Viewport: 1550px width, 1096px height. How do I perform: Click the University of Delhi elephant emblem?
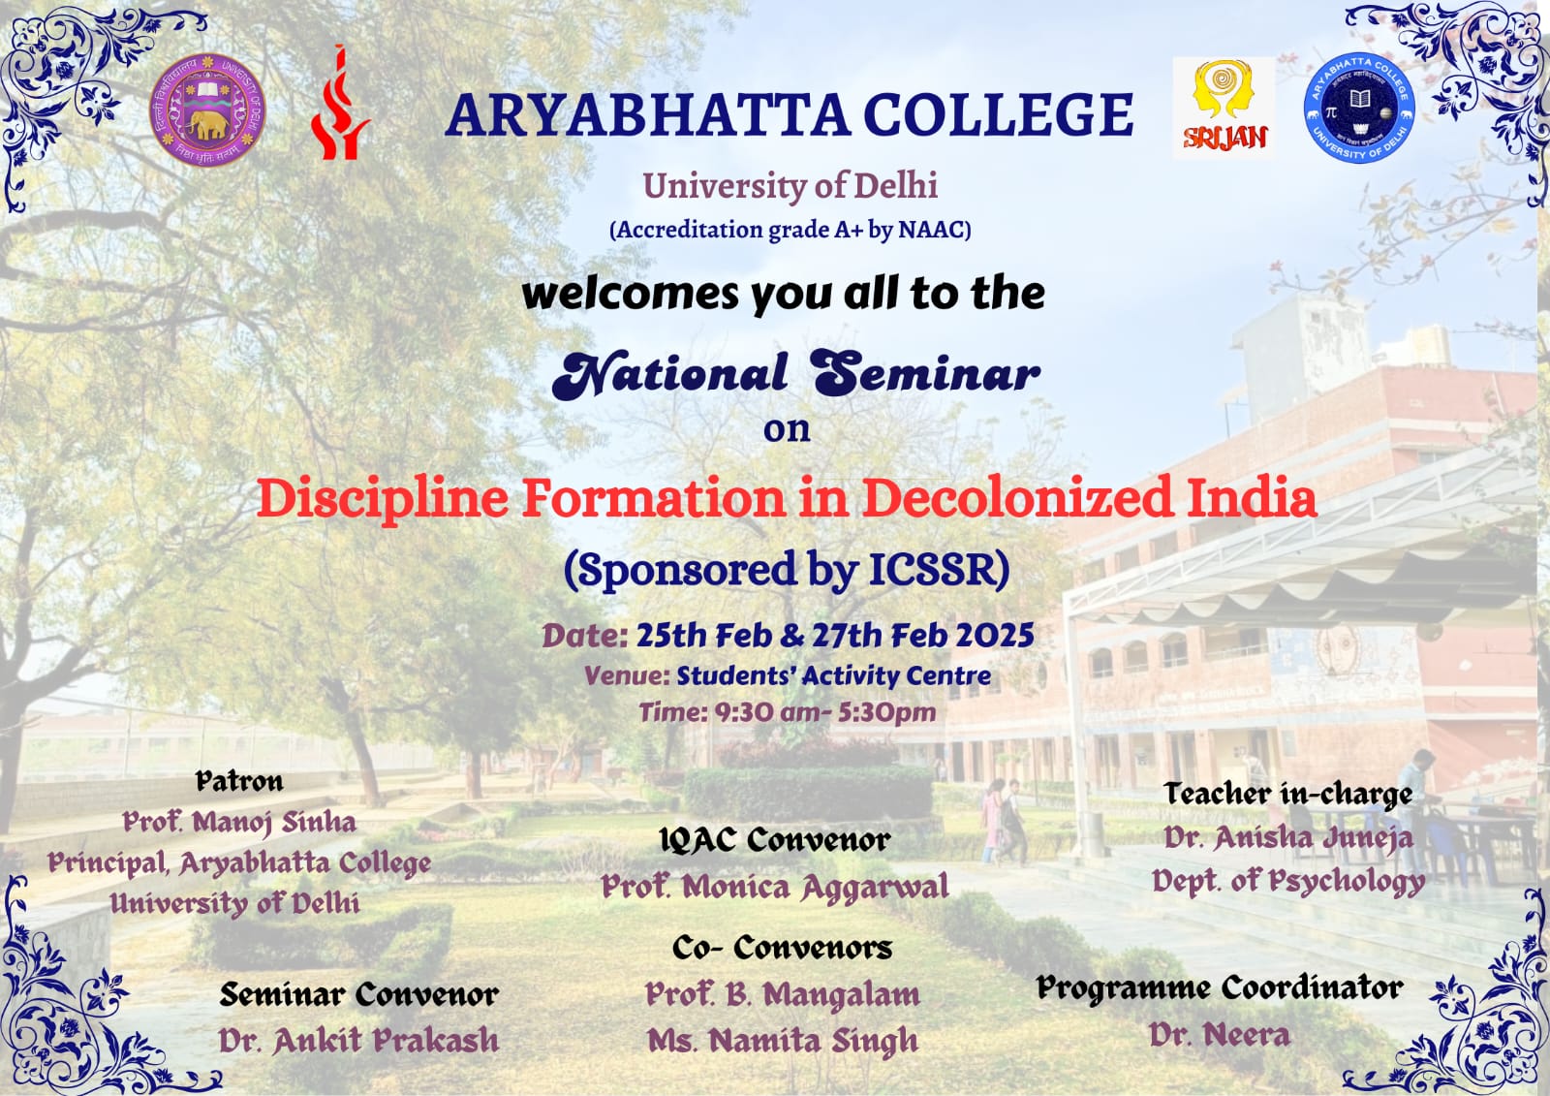[x=207, y=110]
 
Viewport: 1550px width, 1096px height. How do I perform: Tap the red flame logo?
[x=340, y=103]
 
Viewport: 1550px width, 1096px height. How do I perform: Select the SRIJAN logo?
[x=1224, y=108]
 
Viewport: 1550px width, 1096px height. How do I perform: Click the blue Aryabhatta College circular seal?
[x=1359, y=108]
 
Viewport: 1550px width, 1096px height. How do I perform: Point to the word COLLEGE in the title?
[x=999, y=115]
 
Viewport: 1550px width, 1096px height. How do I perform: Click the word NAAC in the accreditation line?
[x=931, y=229]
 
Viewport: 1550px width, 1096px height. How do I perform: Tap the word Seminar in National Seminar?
[x=926, y=374]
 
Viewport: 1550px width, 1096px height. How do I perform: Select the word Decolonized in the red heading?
[x=1017, y=498]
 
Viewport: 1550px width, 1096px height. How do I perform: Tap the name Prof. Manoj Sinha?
[x=239, y=823]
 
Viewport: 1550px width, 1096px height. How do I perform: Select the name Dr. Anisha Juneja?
[x=1287, y=838]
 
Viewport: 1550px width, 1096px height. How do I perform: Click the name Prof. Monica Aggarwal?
[x=775, y=888]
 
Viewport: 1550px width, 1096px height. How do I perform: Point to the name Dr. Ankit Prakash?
[x=358, y=1040]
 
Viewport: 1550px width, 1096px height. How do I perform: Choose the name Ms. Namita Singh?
[x=783, y=1041]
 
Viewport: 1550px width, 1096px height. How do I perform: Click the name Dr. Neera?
[x=1220, y=1035]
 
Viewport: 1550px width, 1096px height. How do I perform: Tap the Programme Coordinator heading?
[x=1220, y=988]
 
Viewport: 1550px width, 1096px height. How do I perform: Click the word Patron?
[x=239, y=781]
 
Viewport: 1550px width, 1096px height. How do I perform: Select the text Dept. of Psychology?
[x=1287, y=882]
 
